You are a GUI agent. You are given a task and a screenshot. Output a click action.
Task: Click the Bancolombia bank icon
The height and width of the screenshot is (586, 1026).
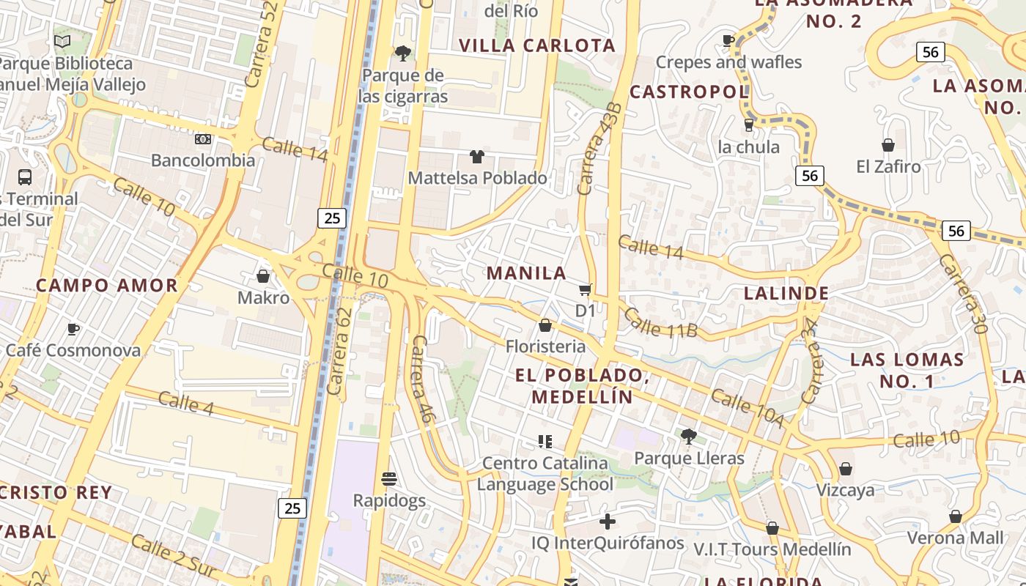coord(203,139)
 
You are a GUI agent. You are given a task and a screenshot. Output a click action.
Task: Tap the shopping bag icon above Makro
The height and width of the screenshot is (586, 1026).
coord(263,276)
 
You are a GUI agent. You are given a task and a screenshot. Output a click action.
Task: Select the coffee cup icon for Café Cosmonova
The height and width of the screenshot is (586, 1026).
coord(73,329)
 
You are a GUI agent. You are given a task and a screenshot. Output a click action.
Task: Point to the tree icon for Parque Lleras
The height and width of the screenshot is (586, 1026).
coord(688,437)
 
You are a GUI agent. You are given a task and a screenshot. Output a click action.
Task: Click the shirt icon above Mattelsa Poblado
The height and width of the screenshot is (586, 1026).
coord(477,156)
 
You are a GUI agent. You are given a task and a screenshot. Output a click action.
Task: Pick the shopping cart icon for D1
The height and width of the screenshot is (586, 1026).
coord(585,289)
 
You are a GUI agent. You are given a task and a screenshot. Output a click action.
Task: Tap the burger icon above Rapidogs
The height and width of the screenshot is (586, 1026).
coord(389,479)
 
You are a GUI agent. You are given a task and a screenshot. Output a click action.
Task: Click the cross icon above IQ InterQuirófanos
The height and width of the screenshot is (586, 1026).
coord(608,522)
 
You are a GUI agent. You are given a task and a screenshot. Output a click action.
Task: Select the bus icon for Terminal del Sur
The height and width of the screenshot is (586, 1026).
coord(25,177)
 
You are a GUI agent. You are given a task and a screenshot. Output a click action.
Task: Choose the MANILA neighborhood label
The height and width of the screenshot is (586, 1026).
coord(526,273)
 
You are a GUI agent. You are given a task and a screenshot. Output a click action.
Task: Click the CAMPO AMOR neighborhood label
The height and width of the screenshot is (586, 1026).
coord(107,286)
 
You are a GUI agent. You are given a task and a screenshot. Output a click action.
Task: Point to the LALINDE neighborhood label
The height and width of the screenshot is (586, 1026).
coord(786,294)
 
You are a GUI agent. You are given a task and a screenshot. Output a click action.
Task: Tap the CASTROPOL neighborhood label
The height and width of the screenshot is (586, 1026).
coord(689,92)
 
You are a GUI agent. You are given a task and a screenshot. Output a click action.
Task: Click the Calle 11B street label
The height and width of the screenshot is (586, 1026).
coord(661,323)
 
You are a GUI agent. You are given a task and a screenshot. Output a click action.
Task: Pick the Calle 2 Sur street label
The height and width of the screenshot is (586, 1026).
coord(174,555)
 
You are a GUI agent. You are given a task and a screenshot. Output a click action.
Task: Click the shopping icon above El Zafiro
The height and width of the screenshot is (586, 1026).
coord(888,145)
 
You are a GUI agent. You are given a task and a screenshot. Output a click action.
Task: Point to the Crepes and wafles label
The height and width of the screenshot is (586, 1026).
coord(728,62)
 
